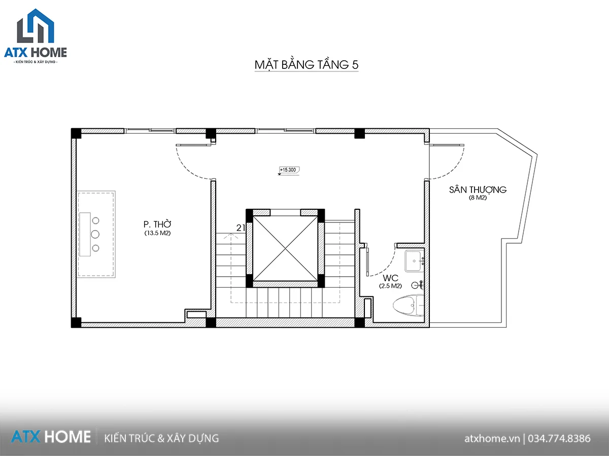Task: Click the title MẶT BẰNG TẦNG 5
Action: (x=307, y=65)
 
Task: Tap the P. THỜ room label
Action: (x=157, y=224)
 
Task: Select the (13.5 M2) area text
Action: (x=157, y=233)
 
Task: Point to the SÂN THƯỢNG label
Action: (x=478, y=189)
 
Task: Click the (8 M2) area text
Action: (x=478, y=198)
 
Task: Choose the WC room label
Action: (x=390, y=278)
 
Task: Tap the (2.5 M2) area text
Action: (x=390, y=286)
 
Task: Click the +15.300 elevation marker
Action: (x=289, y=170)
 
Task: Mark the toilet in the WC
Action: (x=409, y=305)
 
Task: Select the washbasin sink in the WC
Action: (x=415, y=261)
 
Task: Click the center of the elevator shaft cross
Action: (x=285, y=249)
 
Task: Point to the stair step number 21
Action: (x=241, y=228)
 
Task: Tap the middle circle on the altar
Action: (x=95, y=234)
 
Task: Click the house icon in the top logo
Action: (x=36, y=26)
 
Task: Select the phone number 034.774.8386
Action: (x=559, y=438)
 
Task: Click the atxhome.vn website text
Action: (x=492, y=439)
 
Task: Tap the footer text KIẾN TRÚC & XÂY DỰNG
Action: (x=161, y=438)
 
